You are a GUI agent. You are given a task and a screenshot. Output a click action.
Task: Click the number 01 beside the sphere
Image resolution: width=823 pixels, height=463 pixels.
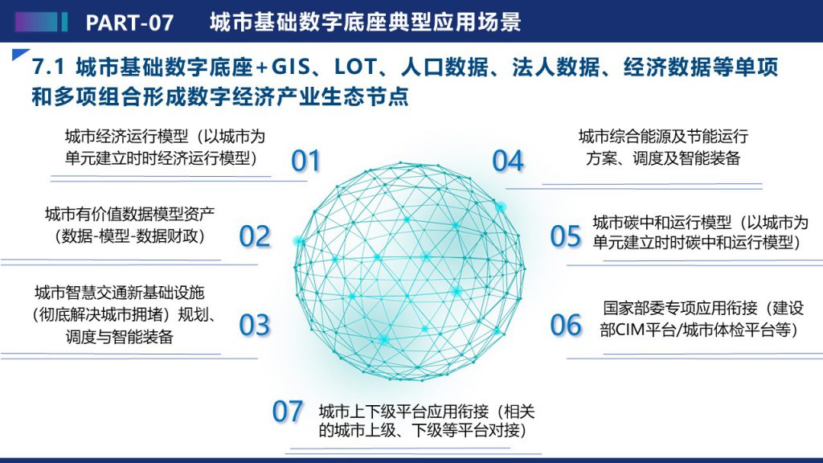pyautogui.click(x=305, y=161)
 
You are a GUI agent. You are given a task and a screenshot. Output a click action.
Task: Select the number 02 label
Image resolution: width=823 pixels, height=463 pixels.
pyautogui.click(x=255, y=236)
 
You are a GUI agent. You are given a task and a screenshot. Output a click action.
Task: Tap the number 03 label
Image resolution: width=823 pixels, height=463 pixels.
pyautogui.click(x=255, y=325)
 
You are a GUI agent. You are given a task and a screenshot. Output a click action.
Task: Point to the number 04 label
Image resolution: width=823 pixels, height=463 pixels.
pyautogui.click(x=508, y=161)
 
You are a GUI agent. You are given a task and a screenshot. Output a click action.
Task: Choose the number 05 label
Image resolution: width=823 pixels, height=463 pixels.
pyautogui.click(x=565, y=236)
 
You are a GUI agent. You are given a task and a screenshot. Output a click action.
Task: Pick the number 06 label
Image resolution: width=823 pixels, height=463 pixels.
pyautogui.click(x=565, y=325)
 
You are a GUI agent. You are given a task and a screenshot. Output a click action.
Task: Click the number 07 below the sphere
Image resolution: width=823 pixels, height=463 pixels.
pyautogui.click(x=287, y=411)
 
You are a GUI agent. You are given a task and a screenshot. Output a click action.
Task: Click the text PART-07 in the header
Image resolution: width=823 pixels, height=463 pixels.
pyautogui.click(x=129, y=23)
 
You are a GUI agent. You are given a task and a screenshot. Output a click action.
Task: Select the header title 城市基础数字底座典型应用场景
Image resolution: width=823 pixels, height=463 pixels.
pyautogui.click(x=366, y=22)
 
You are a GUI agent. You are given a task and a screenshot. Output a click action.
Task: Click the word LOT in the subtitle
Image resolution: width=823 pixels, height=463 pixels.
pyautogui.click(x=355, y=68)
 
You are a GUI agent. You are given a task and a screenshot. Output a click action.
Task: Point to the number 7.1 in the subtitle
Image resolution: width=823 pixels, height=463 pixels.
pyautogui.click(x=48, y=68)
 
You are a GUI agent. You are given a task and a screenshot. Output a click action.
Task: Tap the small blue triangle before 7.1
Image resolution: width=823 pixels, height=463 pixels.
pyautogui.click(x=18, y=54)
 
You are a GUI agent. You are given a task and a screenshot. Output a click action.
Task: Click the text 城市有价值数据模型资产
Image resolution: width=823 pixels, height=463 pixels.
pyautogui.click(x=129, y=214)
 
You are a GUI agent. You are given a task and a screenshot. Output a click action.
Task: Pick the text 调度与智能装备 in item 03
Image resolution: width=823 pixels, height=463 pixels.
pyautogui.click(x=120, y=337)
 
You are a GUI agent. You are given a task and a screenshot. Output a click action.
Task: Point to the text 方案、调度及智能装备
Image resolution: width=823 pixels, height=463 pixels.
pyautogui.click(x=663, y=158)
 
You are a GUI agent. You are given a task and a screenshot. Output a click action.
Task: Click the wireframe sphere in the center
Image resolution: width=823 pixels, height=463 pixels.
pyautogui.click(x=409, y=270)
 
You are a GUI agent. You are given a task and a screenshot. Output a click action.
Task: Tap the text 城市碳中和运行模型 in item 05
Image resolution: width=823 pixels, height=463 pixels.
pyautogui.click(x=662, y=223)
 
